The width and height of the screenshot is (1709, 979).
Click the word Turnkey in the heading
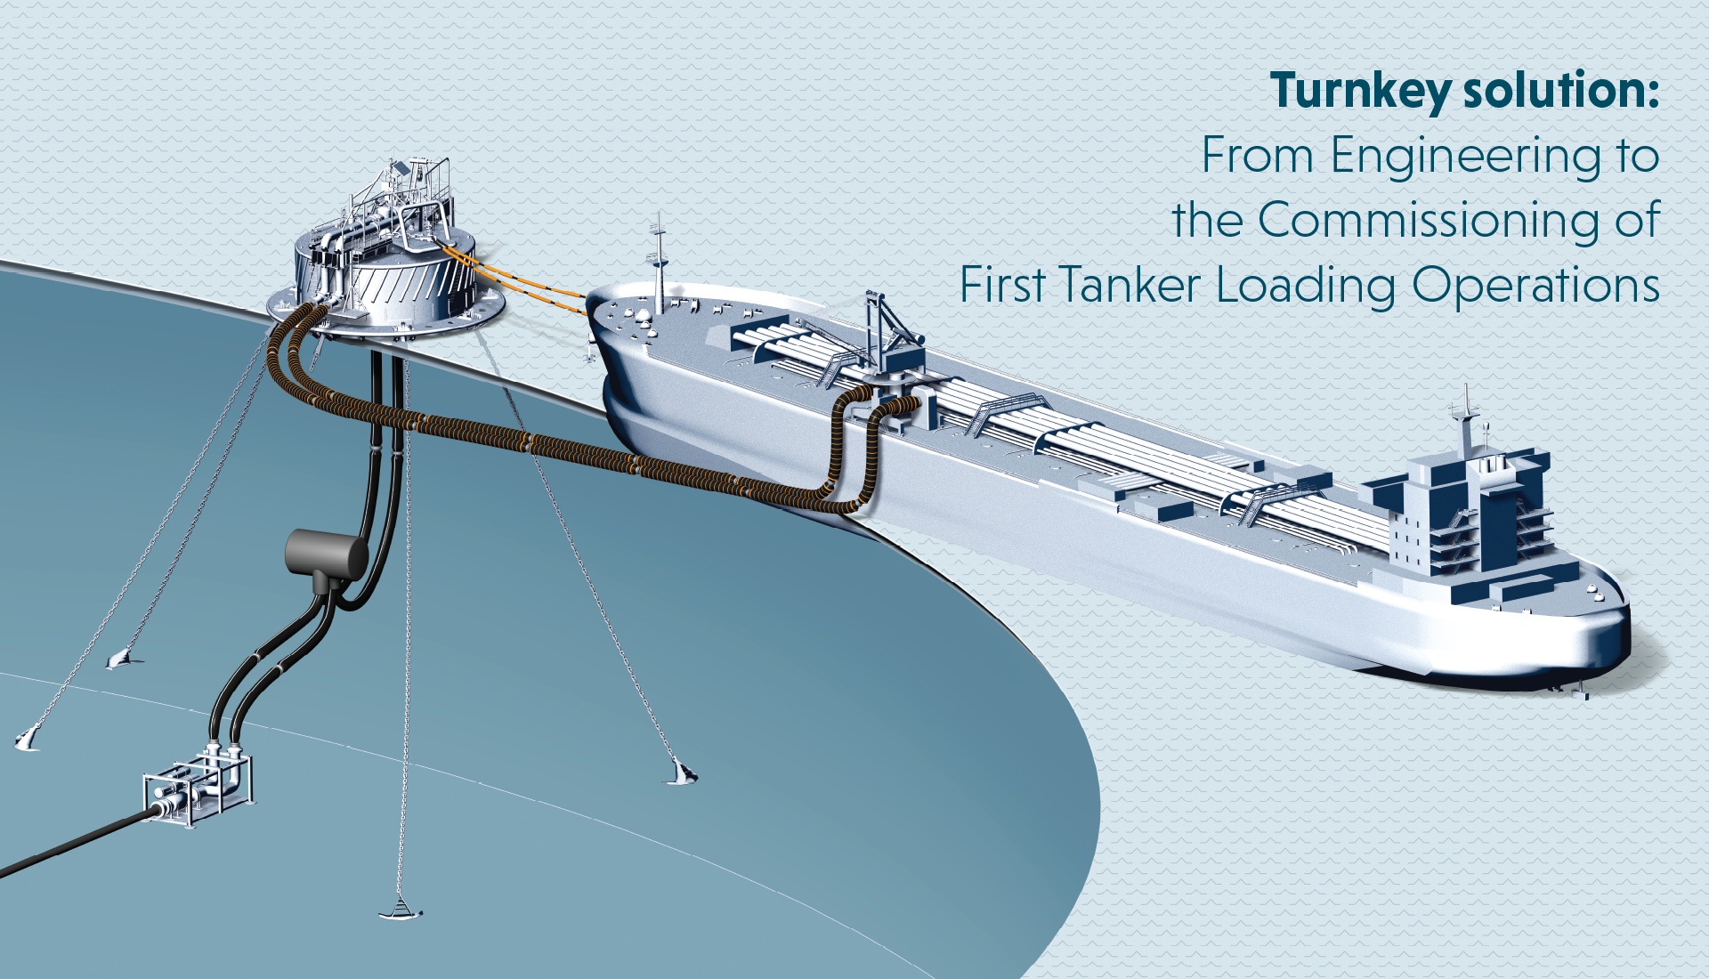1360,91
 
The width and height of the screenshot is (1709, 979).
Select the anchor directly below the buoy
401,910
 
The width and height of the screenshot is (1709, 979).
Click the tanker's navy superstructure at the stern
1460,516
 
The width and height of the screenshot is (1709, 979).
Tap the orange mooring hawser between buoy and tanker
516,278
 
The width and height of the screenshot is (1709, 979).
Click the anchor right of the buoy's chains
681,773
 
